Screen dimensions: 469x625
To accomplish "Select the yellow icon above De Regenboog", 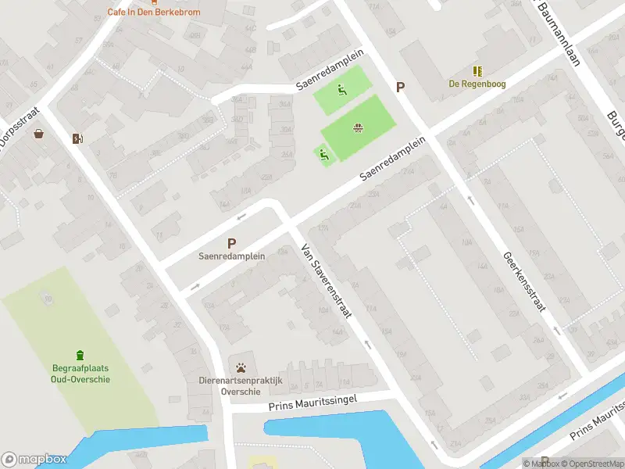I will click(x=477, y=71).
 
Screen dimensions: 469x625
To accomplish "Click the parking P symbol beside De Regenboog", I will click(x=401, y=88).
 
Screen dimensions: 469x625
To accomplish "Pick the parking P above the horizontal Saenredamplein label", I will click(x=231, y=244).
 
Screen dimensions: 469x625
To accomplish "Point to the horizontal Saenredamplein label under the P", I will click(x=231, y=256).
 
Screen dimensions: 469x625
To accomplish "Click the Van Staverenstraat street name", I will click(x=327, y=281).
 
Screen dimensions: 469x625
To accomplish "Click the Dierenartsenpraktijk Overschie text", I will click(x=240, y=386).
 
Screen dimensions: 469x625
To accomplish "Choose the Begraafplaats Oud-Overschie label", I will click(x=77, y=374).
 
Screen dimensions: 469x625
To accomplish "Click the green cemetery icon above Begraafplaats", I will click(x=79, y=356).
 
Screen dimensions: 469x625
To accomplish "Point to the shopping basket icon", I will click(x=39, y=134).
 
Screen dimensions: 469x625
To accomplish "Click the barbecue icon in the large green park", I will click(x=358, y=127).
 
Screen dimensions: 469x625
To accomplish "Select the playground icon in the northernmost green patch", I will click(x=341, y=90).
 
